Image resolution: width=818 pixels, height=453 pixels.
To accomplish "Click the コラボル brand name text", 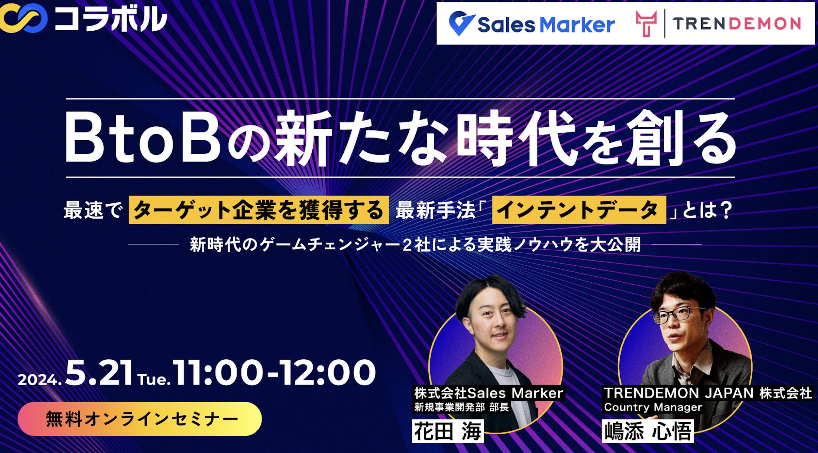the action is click(111, 19).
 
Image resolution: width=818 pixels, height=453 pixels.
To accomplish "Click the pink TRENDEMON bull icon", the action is click(646, 23).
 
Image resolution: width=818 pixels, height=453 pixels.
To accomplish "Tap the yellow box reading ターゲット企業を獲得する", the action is click(259, 210).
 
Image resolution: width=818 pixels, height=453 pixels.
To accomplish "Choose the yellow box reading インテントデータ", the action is click(579, 210).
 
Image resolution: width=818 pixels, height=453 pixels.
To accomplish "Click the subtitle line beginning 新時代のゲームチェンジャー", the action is click(415, 245).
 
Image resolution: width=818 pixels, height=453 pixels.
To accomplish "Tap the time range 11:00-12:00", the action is click(274, 373).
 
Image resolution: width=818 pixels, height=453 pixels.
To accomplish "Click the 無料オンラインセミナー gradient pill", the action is click(140, 419).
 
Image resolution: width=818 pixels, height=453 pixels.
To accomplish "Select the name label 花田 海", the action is click(448, 431).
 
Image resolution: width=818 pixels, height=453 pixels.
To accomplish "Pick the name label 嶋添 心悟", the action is click(648, 431).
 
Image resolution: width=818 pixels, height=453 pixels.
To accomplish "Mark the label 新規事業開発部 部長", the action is click(461, 407).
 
